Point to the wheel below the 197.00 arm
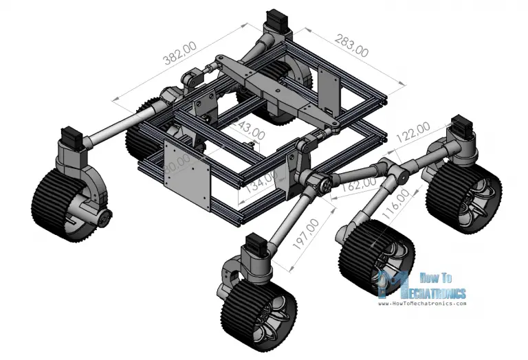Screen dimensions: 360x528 click(258, 313)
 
